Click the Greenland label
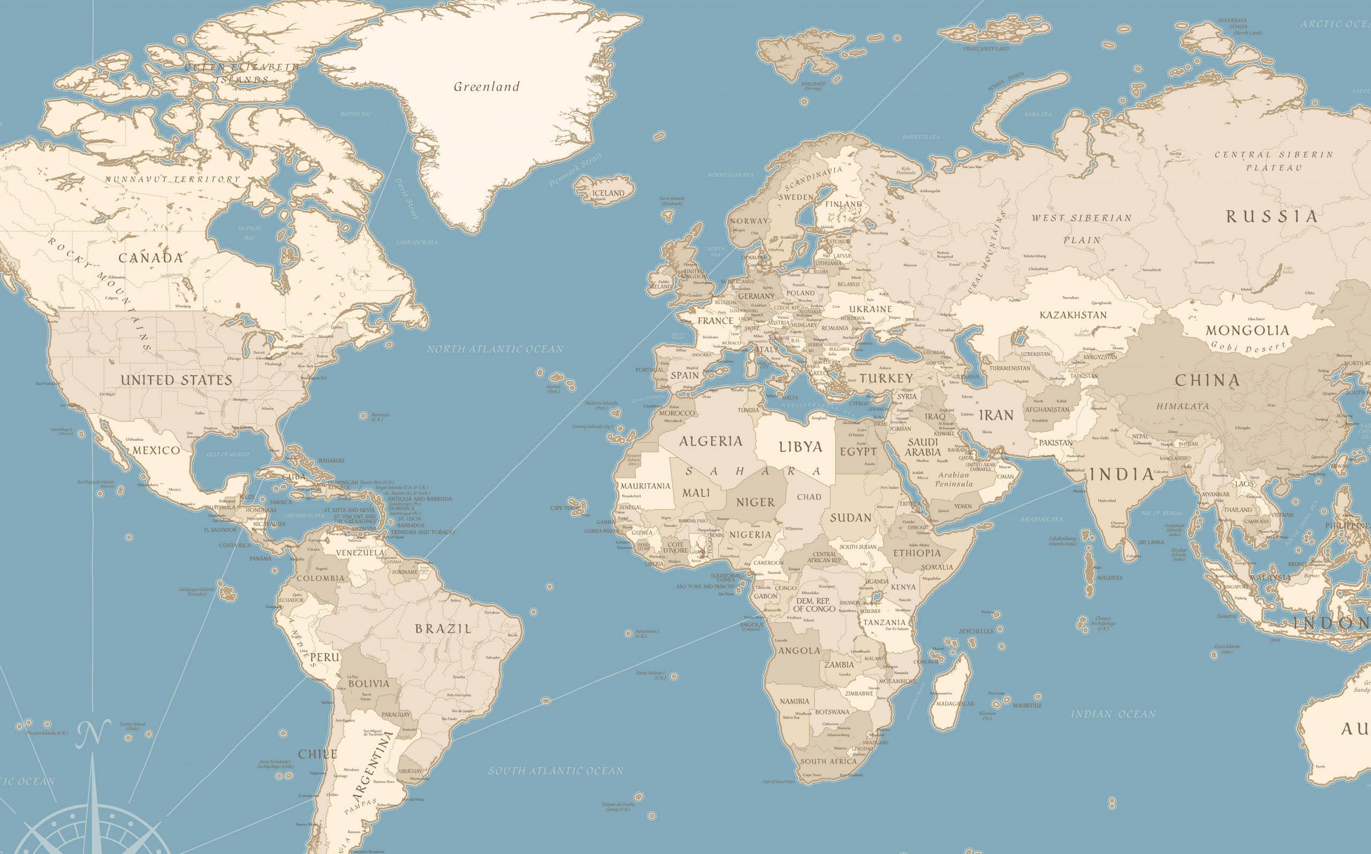click(x=486, y=87)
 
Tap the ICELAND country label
click(x=608, y=193)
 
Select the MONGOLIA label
click(x=1248, y=330)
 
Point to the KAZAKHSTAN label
click(x=1073, y=315)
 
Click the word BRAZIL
click(x=443, y=629)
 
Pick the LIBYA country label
click(x=801, y=447)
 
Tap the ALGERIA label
click(x=711, y=441)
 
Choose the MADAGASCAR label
click(x=955, y=704)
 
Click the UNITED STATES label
click(x=176, y=380)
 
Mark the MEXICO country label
click(x=156, y=450)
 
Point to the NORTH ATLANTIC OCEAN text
click(x=495, y=349)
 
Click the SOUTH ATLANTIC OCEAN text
click(x=556, y=771)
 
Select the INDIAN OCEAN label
click(x=1113, y=714)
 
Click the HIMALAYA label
click(x=1183, y=406)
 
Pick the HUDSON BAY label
click(x=249, y=233)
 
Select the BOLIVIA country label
click(x=369, y=684)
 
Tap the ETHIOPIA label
click(x=917, y=553)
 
